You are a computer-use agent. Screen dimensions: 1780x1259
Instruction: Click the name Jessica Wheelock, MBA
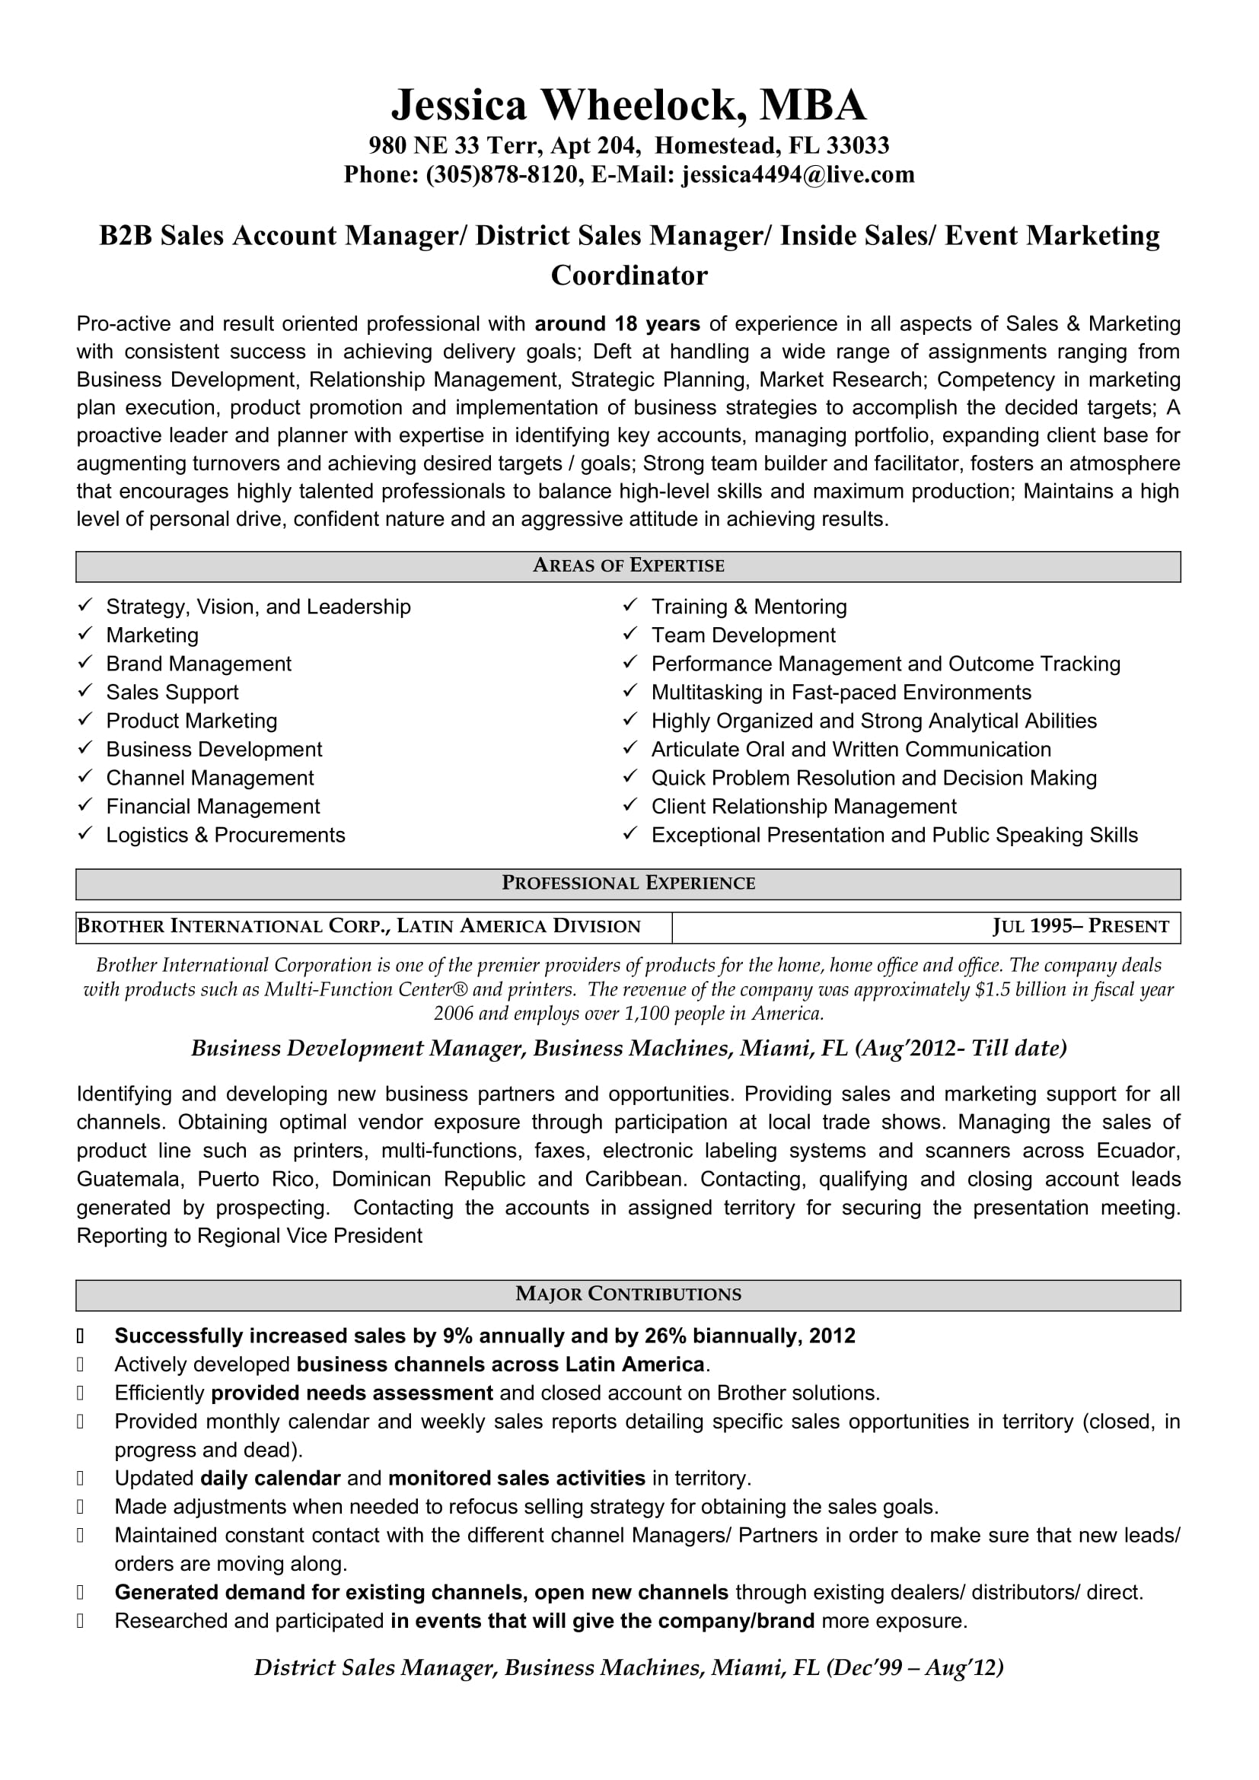tap(629, 106)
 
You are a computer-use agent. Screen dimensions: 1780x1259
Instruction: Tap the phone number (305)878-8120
tap(502, 175)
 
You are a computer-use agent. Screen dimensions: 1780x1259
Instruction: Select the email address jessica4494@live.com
tap(798, 175)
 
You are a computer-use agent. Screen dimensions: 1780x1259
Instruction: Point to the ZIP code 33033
tap(857, 146)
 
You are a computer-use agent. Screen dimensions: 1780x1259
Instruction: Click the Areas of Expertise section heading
tap(628, 566)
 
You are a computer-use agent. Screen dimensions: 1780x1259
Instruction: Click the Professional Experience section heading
tap(628, 883)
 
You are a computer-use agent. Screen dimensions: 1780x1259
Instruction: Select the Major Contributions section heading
tap(628, 1294)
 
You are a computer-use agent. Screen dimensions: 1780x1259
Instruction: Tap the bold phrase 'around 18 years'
tap(617, 324)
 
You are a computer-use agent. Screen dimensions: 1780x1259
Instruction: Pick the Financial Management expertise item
tap(212, 807)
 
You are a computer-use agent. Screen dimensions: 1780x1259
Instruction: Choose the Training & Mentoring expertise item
tap(749, 607)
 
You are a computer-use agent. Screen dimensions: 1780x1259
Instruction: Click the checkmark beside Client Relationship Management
tap(630, 806)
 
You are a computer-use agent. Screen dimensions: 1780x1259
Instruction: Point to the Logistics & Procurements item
tap(225, 836)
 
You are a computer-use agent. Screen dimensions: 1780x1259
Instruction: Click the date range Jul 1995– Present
tap(1080, 926)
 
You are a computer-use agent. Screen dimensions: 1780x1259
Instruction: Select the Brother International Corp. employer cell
tap(359, 926)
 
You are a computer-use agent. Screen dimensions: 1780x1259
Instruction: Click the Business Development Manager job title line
tap(629, 1049)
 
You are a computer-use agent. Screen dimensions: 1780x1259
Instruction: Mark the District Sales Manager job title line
tap(629, 1668)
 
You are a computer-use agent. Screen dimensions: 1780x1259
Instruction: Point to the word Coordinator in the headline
tap(629, 276)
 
